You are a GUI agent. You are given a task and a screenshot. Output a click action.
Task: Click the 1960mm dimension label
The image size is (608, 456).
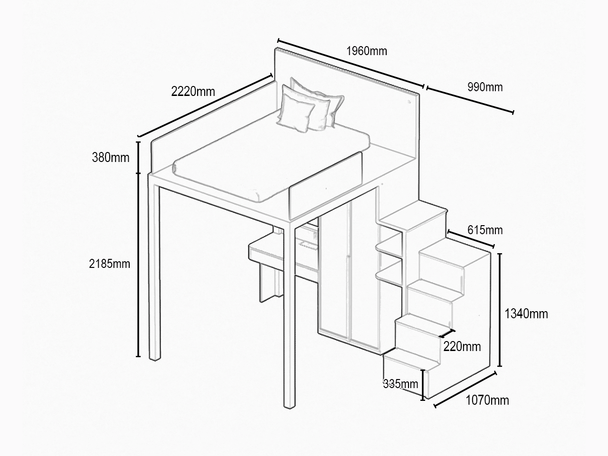[x=366, y=51]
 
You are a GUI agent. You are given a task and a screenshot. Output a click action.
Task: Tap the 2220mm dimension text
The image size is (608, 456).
[x=193, y=92]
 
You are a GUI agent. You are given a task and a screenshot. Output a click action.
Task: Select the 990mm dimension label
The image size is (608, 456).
[x=485, y=87]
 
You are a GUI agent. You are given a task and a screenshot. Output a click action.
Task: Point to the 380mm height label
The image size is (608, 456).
[x=111, y=158]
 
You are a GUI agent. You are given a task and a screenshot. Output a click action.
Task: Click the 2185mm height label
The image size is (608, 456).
[x=109, y=264]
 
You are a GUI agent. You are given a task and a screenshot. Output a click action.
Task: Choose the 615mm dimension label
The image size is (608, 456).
[x=485, y=230]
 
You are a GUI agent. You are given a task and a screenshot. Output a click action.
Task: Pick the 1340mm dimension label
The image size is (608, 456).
[x=526, y=314]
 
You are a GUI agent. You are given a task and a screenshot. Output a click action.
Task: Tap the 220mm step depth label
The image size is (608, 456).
[x=462, y=347]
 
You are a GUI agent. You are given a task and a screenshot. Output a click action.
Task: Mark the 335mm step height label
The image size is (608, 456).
[x=400, y=384]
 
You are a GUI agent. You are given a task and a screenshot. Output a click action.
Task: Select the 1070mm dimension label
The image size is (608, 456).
[x=487, y=400]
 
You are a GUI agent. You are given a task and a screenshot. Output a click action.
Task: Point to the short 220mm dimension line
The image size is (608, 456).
[x=447, y=333]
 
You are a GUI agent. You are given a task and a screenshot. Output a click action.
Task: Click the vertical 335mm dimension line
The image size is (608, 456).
[x=422, y=385]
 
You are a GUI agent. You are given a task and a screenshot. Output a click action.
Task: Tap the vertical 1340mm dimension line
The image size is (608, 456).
[x=500, y=310]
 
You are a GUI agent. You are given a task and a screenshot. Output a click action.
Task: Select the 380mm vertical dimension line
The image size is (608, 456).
[x=139, y=158]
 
